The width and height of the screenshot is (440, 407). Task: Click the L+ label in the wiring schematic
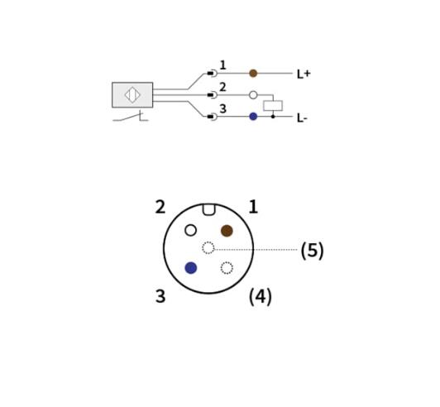tap(304, 74)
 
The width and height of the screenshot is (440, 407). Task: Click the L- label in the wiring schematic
tap(302, 118)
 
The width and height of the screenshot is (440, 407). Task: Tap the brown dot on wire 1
tap(253, 74)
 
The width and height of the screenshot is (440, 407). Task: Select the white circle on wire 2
tap(253, 95)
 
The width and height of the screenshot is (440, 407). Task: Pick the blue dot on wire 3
tap(253, 116)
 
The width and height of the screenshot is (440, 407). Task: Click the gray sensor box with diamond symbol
tap(132, 95)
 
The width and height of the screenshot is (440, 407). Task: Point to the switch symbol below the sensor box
tap(131, 117)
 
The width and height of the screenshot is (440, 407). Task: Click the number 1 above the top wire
tap(222, 65)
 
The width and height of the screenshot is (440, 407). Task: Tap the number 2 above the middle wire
tap(222, 87)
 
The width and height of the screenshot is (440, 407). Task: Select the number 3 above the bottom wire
tap(222, 108)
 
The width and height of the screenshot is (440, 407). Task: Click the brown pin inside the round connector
tap(227, 231)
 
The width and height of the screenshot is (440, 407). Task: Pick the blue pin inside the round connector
tap(191, 268)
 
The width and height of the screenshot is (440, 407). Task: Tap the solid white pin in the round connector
tap(191, 231)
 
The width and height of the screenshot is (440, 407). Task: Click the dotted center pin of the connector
tap(208, 248)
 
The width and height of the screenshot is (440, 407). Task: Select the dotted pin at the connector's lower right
tap(227, 268)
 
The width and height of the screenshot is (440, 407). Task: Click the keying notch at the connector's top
tap(208, 209)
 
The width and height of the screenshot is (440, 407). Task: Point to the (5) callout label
tap(313, 251)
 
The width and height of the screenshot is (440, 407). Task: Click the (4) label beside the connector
tap(261, 296)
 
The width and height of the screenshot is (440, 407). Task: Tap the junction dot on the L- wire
tap(273, 116)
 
